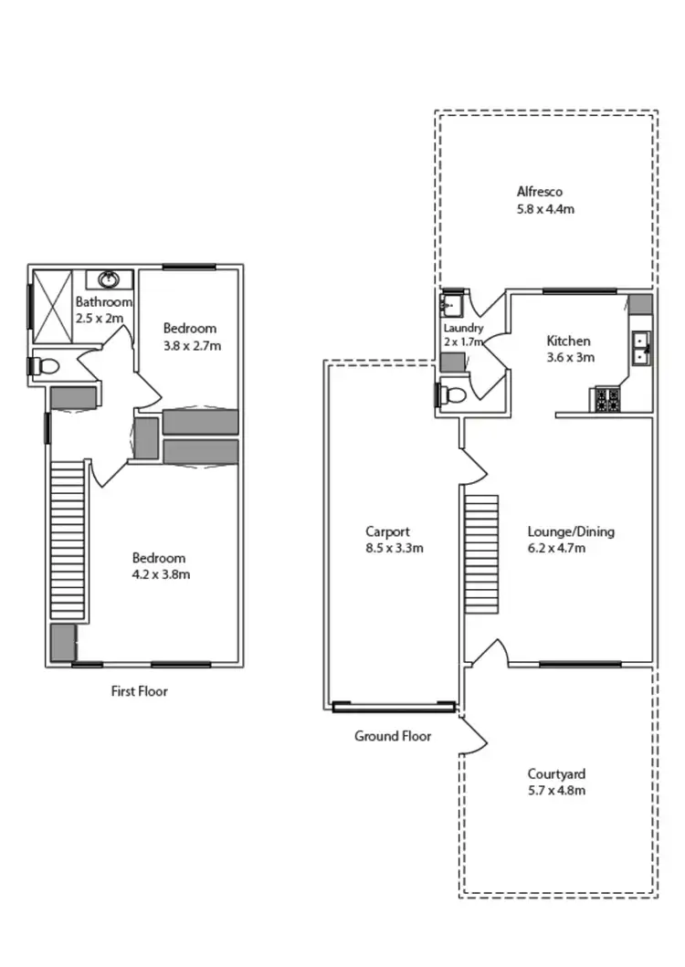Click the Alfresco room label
point(539,192)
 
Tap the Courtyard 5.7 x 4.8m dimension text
point(556,790)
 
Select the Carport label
point(387,531)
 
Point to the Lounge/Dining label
point(571,531)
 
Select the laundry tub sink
point(451,302)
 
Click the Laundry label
point(463,328)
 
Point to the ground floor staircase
point(481,554)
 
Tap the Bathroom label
point(103,301)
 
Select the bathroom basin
point(109,279)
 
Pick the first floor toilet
point(45,366)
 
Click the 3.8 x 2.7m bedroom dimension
point(192,346)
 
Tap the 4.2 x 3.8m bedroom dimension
point(160,574)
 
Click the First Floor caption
point(139,691)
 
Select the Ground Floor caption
point(393,736)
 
